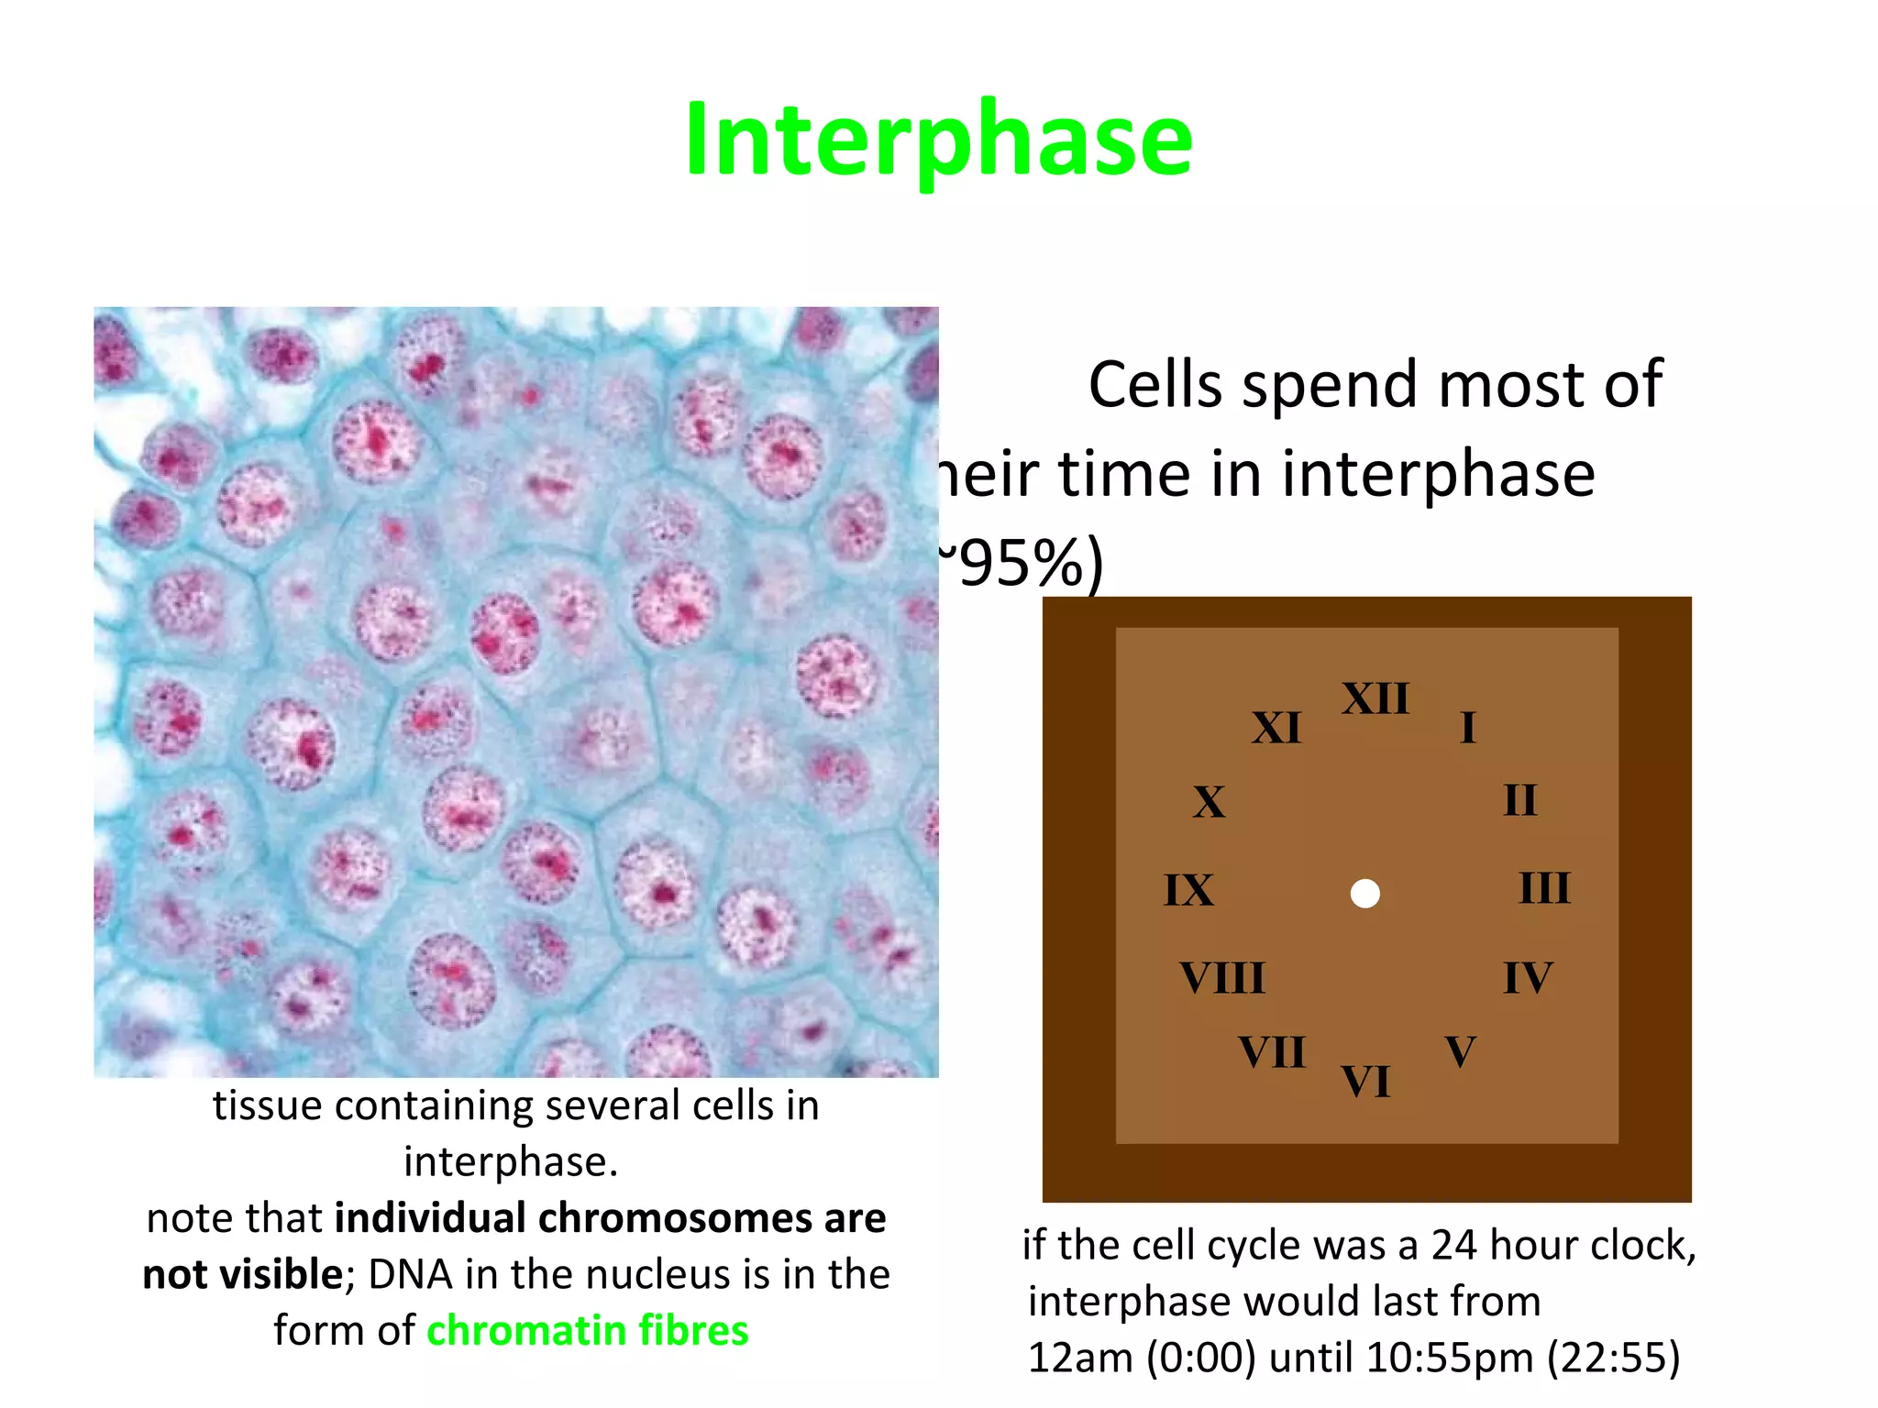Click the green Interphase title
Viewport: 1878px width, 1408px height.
(x=938, y=139)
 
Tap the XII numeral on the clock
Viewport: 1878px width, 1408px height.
(x=1375, y=699)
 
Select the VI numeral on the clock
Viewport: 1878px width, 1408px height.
(x=1365, y=1082)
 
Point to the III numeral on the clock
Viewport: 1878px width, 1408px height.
(x=1544, y=888)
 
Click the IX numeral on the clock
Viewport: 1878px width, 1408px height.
(x=1188, y=890)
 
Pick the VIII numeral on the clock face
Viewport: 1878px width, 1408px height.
(x=1221, y=978)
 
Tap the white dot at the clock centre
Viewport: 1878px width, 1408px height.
(x=1365, y=894)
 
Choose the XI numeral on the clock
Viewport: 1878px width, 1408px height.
(x=1276, y=729)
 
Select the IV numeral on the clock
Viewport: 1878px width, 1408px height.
(x=1528, y=978)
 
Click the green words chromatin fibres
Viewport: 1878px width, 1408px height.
(x=588, y=1330)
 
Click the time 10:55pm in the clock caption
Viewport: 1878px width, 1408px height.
(x=1449, y=1358)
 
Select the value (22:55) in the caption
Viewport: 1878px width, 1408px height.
(x=1614, y=1358)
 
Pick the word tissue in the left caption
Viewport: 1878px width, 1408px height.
(x=267, y=1105)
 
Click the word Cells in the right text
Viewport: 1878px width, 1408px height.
(x=1155, y=384)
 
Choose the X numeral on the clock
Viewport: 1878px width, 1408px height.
(x=1209, y=803)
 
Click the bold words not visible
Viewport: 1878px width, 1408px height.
(x=243, y=1274)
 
